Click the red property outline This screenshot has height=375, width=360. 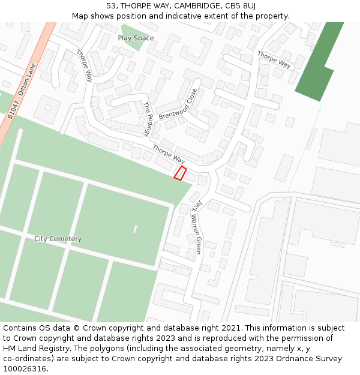tap(180, 173)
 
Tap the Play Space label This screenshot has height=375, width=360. tap(136, 38)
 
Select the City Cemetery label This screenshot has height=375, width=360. tap(58, 239)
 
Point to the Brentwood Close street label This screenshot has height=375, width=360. tap(178, 104)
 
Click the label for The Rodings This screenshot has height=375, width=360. tap(149, 119)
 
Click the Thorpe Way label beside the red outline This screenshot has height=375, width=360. tap(169, 154)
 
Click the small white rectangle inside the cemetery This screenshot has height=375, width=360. tap(135, 229)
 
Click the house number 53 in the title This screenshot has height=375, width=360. tap(111, 6)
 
